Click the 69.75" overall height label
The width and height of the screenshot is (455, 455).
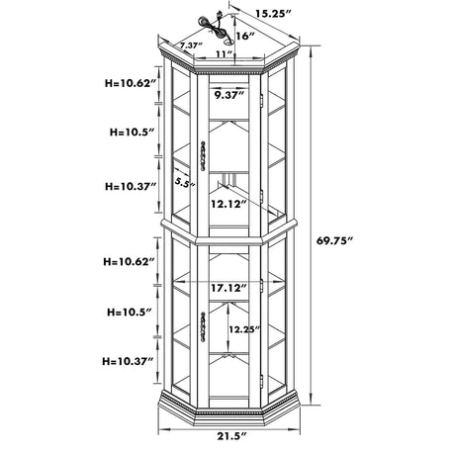[x=334, y=240]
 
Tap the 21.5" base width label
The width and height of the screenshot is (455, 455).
[x=231, y=436]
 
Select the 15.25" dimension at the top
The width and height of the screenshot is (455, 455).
[x=274, y=14]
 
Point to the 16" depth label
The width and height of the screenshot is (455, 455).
[x=245, y=36]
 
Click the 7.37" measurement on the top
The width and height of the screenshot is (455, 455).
[x=191, y=45]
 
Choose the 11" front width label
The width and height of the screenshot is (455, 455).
[x=225, y=53]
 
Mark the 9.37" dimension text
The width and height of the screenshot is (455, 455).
[x=229, y=95]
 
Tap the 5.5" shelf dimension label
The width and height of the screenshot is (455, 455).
[x=185, y=182]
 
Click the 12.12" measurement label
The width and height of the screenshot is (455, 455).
[x=228, y=205]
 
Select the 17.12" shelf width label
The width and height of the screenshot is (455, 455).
[x=228, y=288]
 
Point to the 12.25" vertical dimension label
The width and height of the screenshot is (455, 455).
[x=245, y=329]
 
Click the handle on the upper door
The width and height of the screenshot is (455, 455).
[x=203, y=156]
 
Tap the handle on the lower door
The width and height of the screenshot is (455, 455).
[x=203, y=326]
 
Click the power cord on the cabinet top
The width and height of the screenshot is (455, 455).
[x=213, y=24]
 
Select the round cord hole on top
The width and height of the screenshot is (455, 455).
[x=228, y=43]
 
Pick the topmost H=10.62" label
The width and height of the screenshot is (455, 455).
[x=131, y=83]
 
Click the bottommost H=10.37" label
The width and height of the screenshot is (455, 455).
[x=128, y=361]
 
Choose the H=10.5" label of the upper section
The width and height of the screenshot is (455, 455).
[x=133, y=133]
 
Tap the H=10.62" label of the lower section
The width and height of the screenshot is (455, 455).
[x=129, y=262]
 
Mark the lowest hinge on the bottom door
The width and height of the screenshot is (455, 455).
[x=261, y=381]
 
